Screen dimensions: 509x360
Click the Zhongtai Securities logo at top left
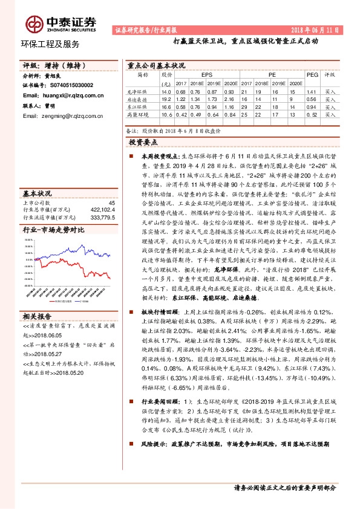[61, 22]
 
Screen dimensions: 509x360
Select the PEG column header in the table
[312, 74]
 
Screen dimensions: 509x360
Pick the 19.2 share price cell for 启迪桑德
[166, 98]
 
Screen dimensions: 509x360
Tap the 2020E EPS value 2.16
[228, 98]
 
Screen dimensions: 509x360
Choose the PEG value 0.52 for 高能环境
[312, 114]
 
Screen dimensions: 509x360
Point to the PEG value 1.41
[312, 91]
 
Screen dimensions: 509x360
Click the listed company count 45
[111, 203]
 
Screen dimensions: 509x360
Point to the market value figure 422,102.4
[102, 210]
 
